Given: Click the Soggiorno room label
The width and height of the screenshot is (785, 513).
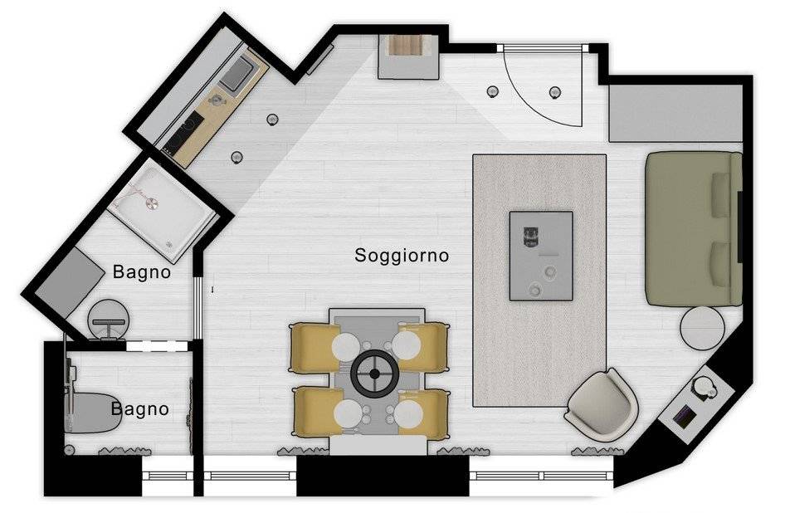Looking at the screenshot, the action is [402, 256].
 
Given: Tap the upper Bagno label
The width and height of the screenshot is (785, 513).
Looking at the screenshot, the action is [142, 272].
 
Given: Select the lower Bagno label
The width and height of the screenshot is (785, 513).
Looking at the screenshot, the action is [139, 409].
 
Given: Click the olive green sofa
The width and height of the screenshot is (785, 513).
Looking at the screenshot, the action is [694, 228].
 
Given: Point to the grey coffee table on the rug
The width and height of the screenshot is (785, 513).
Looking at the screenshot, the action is [541, 256].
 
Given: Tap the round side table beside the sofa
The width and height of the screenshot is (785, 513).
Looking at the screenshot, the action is [702, 328].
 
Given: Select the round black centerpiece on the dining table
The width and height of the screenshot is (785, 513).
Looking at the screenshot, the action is [374, 374].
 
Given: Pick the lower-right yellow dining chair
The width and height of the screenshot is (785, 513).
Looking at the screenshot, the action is [423, 414].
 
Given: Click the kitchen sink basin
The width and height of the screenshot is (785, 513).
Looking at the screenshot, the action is [239, 73].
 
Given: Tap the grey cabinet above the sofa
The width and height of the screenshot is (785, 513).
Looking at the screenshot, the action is [675, 113].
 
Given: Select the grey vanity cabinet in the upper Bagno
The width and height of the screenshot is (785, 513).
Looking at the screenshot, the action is [70, 281].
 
